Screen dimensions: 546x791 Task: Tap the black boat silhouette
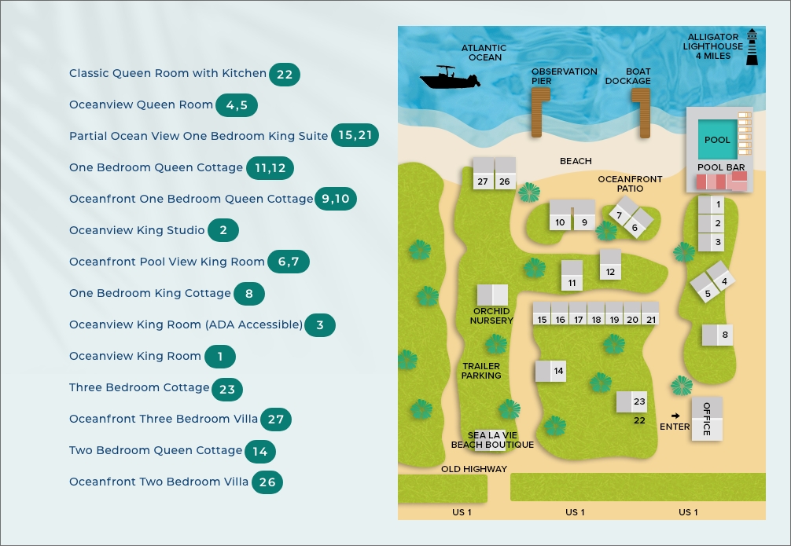(450, 79)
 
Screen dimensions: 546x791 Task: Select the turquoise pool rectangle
(717, 140)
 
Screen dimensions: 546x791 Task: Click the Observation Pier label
(564, 76)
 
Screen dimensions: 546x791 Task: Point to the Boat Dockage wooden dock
(642, 113)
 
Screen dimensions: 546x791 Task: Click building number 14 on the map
(550, 371)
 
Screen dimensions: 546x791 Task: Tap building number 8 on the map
(717, 335)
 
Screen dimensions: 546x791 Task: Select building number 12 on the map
(610, 265)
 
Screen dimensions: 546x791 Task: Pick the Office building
(706, 418)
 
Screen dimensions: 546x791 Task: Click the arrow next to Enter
(675, 416)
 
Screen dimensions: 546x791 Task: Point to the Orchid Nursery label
(491, 316)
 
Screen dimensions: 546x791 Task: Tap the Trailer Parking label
(481, 371)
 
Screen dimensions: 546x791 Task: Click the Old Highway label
(473, 469)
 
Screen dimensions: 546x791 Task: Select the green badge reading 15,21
(355, 136)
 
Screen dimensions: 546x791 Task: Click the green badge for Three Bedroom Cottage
(227, 388)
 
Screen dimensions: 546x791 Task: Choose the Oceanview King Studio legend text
(137, 230)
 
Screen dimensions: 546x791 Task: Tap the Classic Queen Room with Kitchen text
(167, 73)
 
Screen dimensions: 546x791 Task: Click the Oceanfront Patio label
(630, 184)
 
